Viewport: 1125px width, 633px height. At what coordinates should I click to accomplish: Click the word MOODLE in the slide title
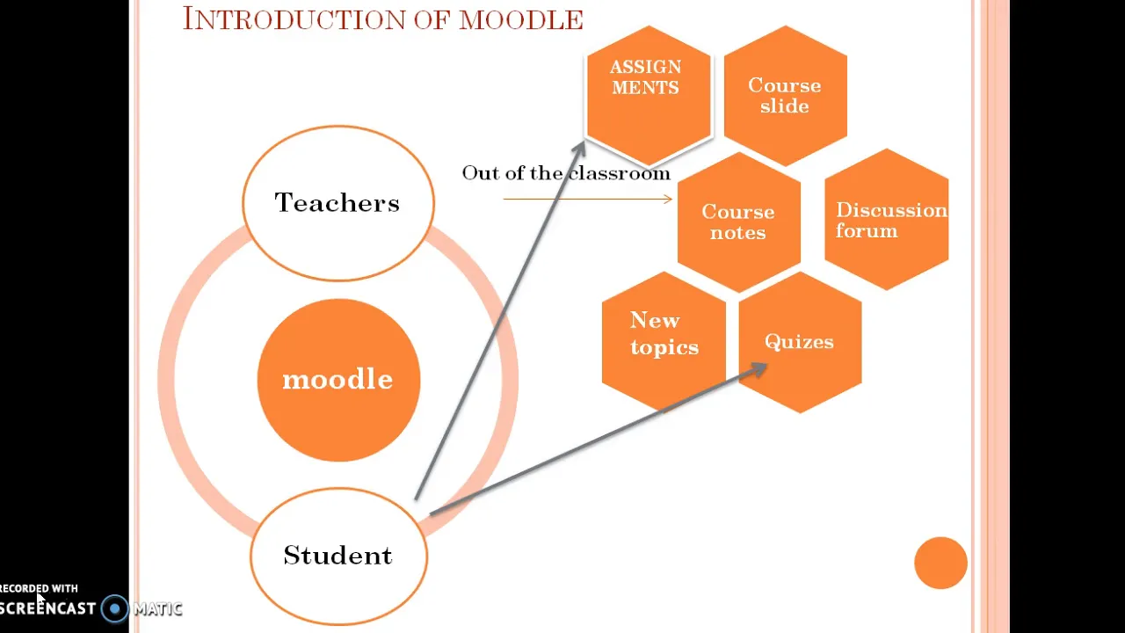pos(521,20)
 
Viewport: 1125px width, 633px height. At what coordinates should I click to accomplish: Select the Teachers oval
pos(338,203)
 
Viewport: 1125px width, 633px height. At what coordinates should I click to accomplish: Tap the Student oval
pos(338,557)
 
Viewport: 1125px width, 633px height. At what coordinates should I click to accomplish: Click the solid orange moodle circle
pos(338,380)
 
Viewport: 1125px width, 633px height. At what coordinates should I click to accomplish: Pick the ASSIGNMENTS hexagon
pos(649,95)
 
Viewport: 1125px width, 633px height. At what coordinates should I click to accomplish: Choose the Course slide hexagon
pos(786,96)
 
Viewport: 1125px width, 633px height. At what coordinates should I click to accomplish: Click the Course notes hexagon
pos(739,222)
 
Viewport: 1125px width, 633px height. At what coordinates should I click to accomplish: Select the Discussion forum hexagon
pos(887,220)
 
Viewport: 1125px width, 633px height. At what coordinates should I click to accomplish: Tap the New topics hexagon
pos(664,342)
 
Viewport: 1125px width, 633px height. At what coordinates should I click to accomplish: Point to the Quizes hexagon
pos(800,342)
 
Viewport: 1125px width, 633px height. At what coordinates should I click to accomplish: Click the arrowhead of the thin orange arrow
pos(669,199)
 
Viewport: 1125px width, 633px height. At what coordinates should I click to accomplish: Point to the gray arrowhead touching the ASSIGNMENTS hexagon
pos(580,148)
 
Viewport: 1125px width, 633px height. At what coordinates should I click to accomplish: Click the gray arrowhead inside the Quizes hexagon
pos(758,370)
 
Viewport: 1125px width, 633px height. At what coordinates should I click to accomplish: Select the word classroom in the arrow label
pos(620,173)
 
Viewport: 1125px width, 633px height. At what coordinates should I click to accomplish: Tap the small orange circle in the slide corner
pos(940,563)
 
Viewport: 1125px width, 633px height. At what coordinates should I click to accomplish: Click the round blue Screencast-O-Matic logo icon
pos(114,608)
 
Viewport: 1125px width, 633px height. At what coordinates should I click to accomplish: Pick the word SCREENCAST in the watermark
pos(47,608)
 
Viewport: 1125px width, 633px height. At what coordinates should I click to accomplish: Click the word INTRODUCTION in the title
pos(294,19)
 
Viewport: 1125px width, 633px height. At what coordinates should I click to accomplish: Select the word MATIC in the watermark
pos(157,609)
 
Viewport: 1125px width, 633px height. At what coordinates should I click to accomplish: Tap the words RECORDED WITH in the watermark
pos(39,588)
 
